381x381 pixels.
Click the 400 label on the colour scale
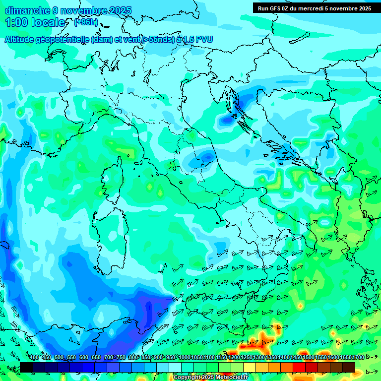[x=34, y=358]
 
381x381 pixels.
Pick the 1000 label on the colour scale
[x=185, y=358]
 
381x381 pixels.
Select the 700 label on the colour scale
[x=108, y=358]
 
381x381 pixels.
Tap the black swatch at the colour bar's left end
[x=26, y=367]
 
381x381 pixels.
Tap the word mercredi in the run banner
[x=313, y=8]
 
